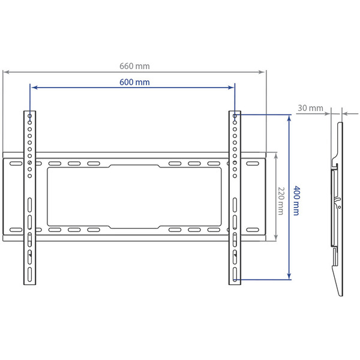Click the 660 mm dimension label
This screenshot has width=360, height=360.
134,66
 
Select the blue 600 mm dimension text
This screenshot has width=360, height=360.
134,82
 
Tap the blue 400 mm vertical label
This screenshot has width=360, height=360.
296,200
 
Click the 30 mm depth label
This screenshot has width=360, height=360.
310,108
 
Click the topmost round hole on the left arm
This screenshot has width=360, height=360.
29,114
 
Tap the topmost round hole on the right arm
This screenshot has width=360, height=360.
235,114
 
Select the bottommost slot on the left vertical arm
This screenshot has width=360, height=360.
29,277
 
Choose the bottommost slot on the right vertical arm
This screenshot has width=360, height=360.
235,277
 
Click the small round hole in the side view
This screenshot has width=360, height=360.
340,208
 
